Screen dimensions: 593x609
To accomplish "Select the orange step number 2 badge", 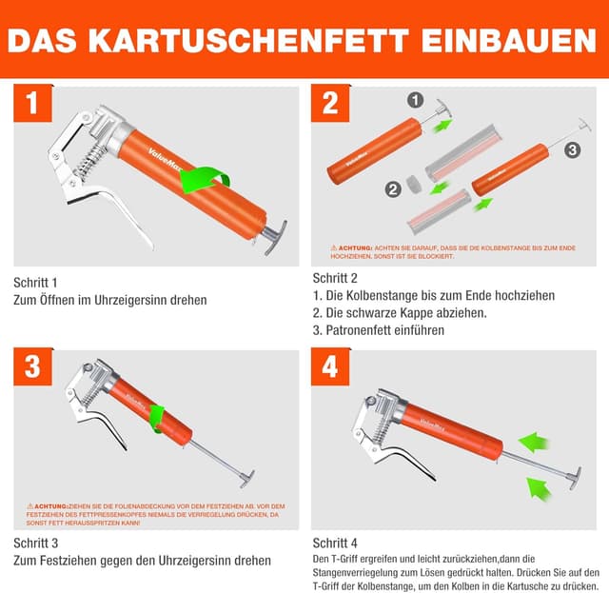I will click(x=330, y=104).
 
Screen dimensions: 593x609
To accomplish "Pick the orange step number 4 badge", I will click(x=330, y=367).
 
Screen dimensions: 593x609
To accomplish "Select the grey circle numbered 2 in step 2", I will click(x=393, y=189).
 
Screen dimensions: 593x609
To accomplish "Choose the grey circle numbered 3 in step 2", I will click(x=571, y=149).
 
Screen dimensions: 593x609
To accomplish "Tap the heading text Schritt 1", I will click(x=35, y=283).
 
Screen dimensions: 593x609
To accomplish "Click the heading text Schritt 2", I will click(x=335, y=278).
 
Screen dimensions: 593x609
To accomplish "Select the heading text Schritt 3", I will click(x=35, y=544).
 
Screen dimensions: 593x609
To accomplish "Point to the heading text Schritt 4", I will click(x=335, y=543).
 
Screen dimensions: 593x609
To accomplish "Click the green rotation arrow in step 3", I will click(x=156, y=417).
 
